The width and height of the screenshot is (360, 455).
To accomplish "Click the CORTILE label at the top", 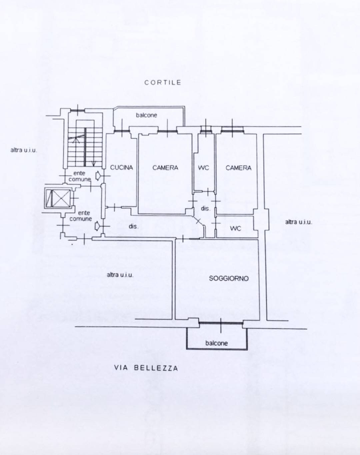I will [x=163, y=83].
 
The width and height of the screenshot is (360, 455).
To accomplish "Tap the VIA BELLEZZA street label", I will [x=146, y=368].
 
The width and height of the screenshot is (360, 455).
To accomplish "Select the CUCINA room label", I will [x=121, y=168].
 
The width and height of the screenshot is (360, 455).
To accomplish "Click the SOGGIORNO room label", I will [x=229, y=278].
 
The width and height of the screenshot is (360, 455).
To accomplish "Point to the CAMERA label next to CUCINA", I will [x=165, y=168].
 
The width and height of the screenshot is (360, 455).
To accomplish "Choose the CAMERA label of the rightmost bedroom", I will [x=238, y=168].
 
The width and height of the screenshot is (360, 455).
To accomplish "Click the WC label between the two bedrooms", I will [x=203, y=168].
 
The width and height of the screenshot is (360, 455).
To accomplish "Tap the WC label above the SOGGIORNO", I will [x=235, y=228].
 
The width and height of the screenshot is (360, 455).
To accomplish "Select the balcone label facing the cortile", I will [x=146, y=115].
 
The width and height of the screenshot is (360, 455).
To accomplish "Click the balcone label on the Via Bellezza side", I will [x=216, y=343].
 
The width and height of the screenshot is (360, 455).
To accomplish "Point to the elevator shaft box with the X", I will [x=58, y=199].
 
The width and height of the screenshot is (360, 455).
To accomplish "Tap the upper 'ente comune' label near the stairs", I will [x=79, y=176].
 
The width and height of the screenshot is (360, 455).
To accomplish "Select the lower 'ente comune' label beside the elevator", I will [x=81, y=216].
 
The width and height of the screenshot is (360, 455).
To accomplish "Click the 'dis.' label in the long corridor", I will [x=133, y=227].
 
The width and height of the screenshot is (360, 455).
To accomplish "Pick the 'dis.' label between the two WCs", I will [x=205, y=209].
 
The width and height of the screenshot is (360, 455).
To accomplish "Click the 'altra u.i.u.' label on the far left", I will [x=24, y=150].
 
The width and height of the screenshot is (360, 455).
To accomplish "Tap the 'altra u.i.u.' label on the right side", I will [x=299, y=222].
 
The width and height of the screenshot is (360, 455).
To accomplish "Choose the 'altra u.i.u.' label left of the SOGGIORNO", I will [x=120, y=275].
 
